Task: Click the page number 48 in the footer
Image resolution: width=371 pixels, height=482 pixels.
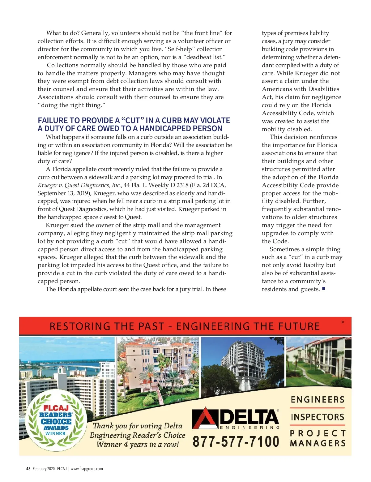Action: click(x=28, y=469)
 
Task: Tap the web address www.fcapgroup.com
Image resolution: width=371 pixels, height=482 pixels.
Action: click(x=87, y=469)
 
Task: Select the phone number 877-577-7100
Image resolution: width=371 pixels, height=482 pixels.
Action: click(x=236, y=441)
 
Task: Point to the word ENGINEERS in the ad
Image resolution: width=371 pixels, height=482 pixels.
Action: click(x=318, y=400)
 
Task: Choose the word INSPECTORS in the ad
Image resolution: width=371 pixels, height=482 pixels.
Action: click(x=318, y=417)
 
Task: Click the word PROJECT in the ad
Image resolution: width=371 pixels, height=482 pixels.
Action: click(x=318, y=433)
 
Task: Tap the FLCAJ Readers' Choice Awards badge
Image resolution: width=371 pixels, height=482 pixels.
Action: click(x=56, y=420)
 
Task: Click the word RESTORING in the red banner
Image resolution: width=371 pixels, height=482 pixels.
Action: click(x=80, y=326)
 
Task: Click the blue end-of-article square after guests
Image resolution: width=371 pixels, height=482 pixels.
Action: click(x=323, y=289)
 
